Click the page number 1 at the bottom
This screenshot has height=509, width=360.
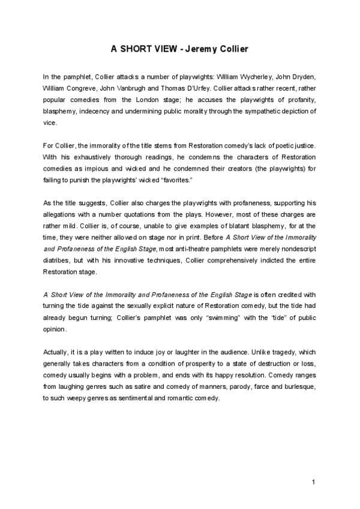(314, 483)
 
